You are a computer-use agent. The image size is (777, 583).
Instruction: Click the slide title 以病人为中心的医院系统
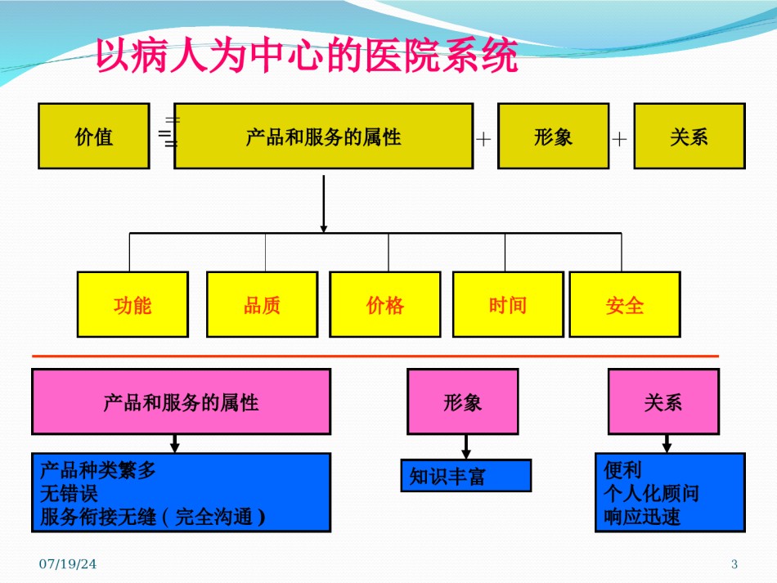pos(307,55)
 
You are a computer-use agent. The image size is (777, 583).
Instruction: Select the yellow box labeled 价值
pos(94,137)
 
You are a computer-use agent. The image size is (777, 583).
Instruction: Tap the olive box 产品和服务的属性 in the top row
pos(324,137)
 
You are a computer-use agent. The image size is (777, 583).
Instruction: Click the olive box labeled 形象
pos(553,137)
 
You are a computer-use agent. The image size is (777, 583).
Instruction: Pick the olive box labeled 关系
pos(689,137)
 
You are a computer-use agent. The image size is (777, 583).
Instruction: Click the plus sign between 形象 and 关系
pos(619,139)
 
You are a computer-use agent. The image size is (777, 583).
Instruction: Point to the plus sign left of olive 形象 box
pos(483,139)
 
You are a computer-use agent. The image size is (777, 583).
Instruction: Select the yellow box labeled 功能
pos(132,305)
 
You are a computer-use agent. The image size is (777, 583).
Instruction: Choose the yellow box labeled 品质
pos(263,305)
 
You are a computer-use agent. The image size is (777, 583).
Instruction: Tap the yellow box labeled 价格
pos(385,305)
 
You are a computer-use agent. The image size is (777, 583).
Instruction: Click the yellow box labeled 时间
pos(508,305)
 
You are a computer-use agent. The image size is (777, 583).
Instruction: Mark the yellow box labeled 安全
pos(625,305)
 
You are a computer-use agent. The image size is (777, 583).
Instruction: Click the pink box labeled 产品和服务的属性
pos(181,401)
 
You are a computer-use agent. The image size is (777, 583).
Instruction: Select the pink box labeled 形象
pos(463,401)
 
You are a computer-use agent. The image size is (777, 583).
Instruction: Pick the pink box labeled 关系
pos(663,401)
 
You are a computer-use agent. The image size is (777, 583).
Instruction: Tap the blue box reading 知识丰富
pos(466,476)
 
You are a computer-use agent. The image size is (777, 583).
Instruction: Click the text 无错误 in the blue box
pos(69,493)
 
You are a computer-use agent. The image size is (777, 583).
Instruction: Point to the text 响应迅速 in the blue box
pos(642,517)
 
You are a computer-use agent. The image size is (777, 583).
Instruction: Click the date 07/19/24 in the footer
pos(68,563)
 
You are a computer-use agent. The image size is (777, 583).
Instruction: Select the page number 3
pos(734,563)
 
